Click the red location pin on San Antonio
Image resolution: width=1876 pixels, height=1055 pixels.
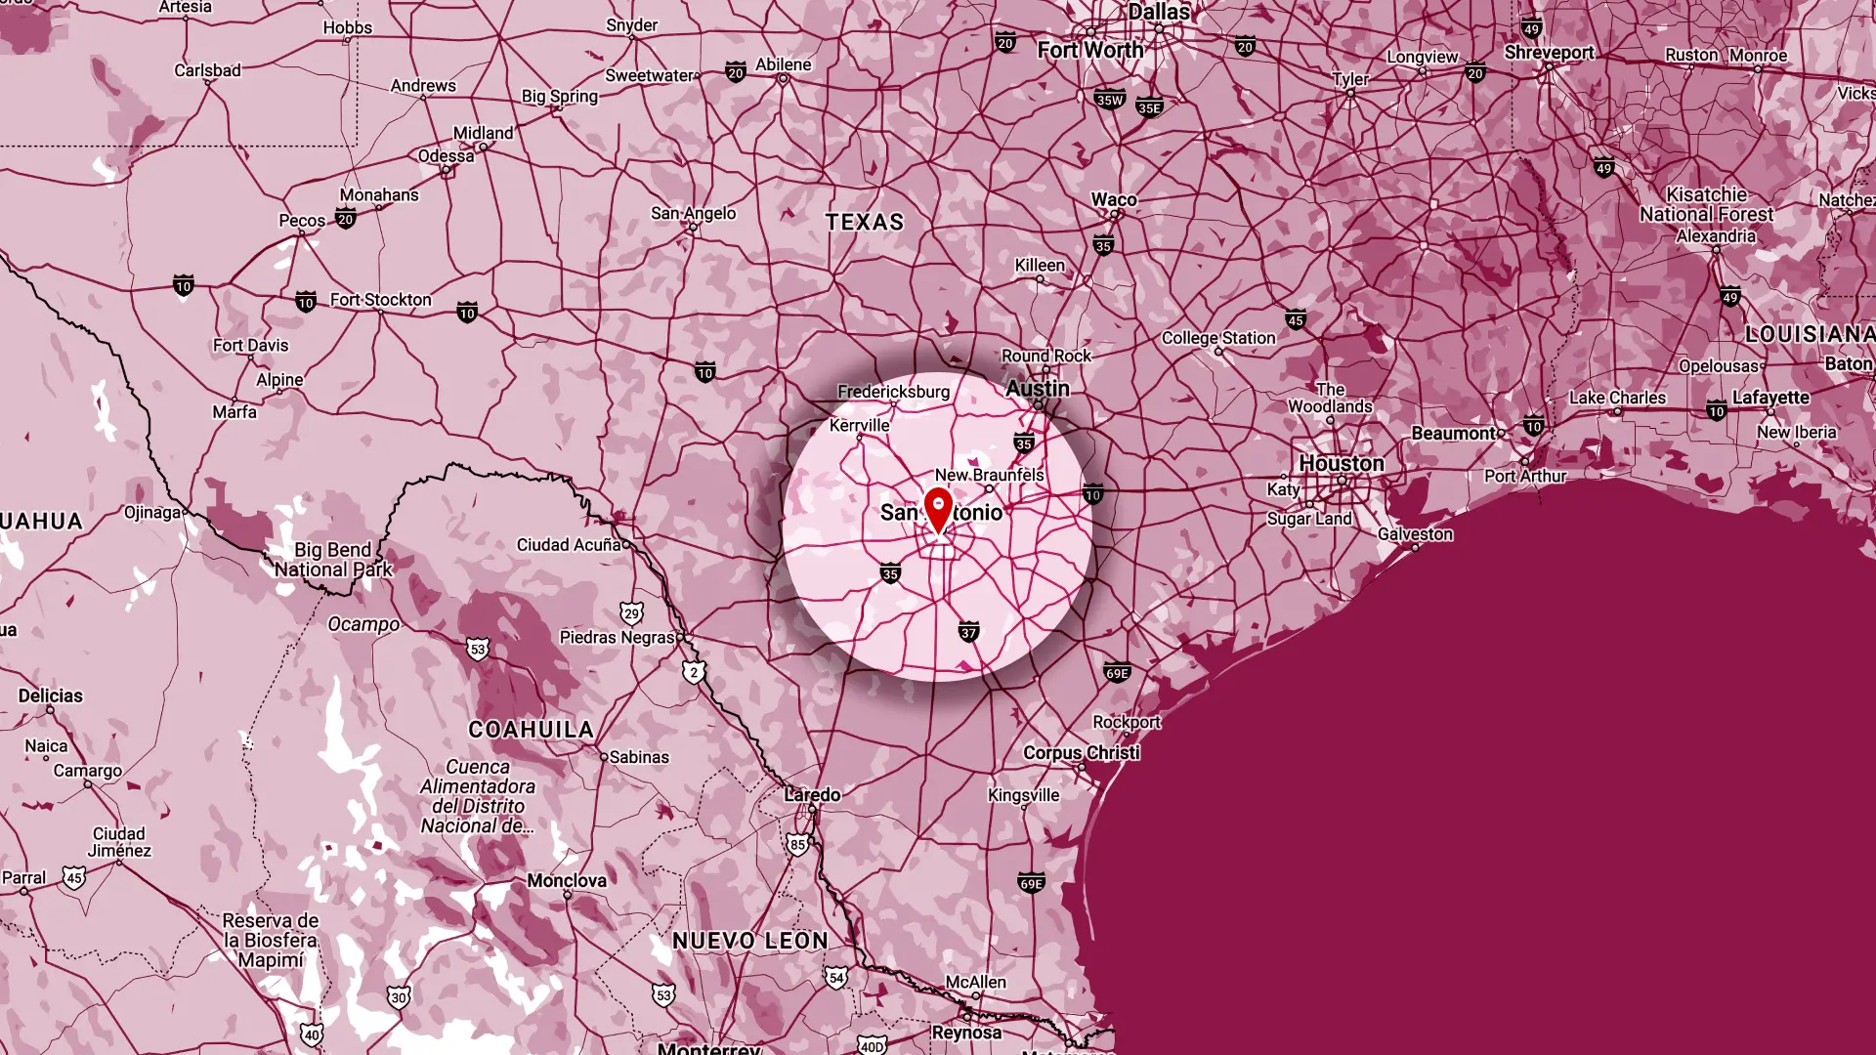938,509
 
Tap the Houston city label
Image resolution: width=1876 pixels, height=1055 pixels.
1341,463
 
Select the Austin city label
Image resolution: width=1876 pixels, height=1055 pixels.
1038,389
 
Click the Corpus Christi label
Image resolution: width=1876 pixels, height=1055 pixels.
1081,752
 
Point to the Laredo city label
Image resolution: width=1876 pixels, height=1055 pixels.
812,794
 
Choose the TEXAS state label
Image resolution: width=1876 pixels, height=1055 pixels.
865,223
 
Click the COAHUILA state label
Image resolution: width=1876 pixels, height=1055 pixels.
531,730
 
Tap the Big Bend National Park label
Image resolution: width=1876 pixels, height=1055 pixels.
333,560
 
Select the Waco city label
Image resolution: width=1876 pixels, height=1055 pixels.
1114,199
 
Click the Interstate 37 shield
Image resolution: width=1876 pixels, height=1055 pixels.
968,632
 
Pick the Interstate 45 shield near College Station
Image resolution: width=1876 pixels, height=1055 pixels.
1296,319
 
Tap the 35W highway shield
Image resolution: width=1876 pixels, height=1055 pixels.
1109,99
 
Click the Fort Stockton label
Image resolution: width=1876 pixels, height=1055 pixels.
380,300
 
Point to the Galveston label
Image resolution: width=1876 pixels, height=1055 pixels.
1415,534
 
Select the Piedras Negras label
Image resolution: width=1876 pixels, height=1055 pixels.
617,637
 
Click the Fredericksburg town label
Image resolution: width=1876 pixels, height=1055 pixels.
893,392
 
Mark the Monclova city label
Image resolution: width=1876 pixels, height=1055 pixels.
567,880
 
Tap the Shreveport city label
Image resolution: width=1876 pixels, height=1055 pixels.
1549,53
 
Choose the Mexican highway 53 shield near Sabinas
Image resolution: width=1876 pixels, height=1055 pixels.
477,649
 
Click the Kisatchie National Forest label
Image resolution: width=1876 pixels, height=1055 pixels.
1706,204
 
